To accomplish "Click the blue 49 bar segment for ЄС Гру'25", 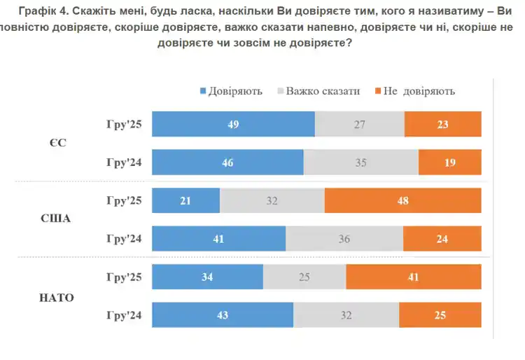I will click(233, 125).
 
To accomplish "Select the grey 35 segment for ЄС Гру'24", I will click(360, 162).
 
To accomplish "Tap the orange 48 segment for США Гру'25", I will click(402, 201).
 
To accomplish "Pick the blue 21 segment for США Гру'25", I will click(186, 201).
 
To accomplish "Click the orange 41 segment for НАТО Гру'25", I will click(413, 277).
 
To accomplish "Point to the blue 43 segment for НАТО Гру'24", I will click(223, 314).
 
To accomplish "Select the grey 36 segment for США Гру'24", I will click(344, 239).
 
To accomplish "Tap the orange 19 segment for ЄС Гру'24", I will click(449, 162).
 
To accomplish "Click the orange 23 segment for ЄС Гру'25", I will click(442, 125).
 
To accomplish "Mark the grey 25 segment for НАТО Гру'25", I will click(304, 277).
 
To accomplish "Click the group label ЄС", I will click(58, 144).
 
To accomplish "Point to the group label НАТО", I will click(56, 297).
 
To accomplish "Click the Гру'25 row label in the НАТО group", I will click(124, 277).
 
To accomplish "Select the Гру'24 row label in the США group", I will click(124, 239).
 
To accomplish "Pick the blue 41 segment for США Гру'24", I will click(218, 239).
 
